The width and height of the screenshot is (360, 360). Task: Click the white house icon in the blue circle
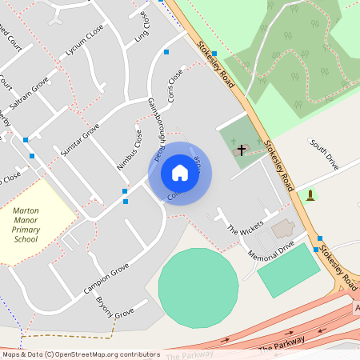[x=180, y=173]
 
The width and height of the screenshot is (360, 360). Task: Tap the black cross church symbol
[x=242, y=150]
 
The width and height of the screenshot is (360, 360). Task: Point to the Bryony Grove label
[x=114, y=308]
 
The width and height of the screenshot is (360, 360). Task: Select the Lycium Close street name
[x=85, y=50]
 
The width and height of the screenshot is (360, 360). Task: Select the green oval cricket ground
[x=198, y=286]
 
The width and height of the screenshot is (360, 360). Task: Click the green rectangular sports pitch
[x=289, y=270]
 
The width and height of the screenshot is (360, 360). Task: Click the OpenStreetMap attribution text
[x=80, y=354]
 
